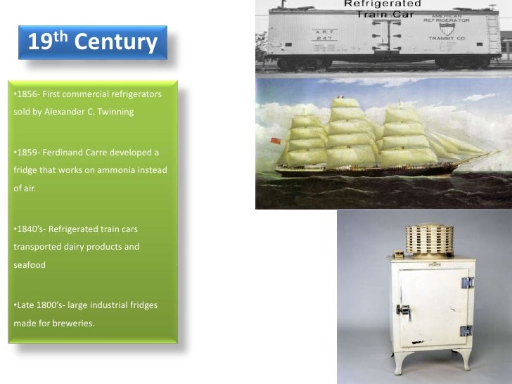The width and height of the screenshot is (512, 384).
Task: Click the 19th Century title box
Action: pos(92,43)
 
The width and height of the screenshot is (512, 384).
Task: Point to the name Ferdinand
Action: pos(63,153)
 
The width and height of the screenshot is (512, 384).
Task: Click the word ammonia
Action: pos(123,170)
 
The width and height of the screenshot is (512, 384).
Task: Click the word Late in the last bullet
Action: pos(24,305)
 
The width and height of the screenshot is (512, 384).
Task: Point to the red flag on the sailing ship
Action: pos(276,140)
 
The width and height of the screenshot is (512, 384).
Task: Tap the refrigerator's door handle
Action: pos(403,310)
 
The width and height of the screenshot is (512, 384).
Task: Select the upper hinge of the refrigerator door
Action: pos(466,282)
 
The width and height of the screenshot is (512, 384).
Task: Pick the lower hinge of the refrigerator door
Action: pos(466,331)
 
